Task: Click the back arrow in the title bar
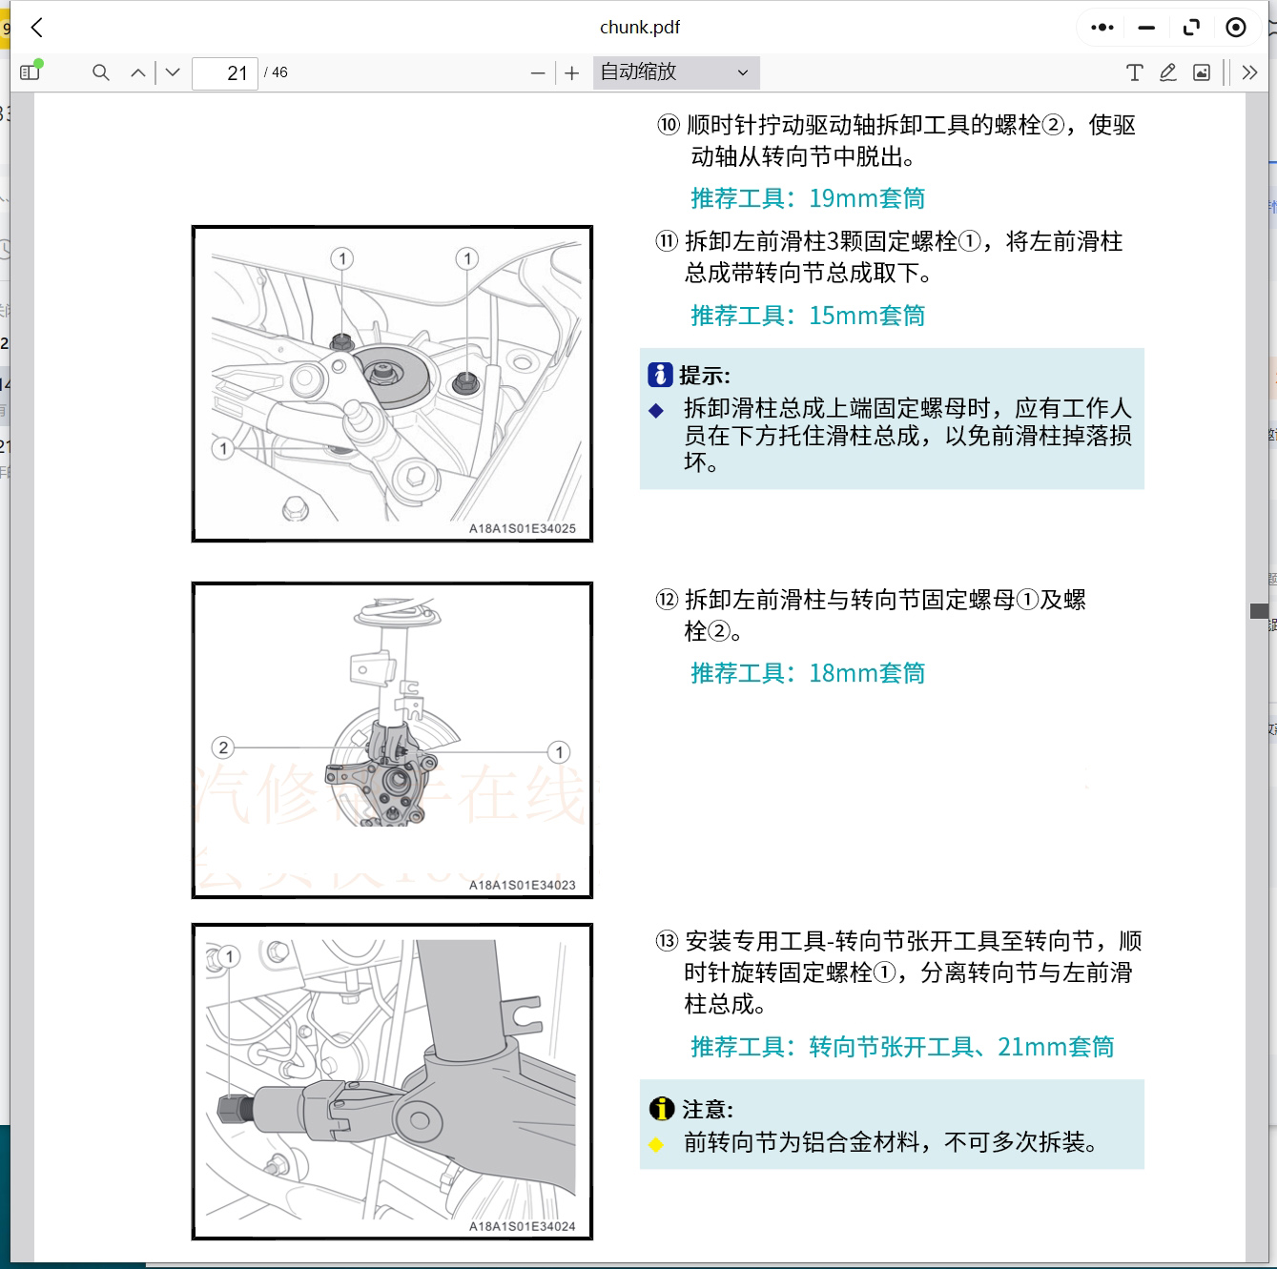[37, 28]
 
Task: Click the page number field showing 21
[225, 73]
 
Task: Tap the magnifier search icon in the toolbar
[100, 72]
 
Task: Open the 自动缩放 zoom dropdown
[675, 72]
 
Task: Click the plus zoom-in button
[571, 73]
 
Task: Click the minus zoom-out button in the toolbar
[538, 73]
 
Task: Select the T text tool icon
[1134, 72]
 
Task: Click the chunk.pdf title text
[639, 28]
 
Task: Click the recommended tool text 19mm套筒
[866, 198]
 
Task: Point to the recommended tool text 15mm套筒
[866, 316]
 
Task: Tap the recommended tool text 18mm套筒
[866, 673]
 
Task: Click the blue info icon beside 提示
[659, 375]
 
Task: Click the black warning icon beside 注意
[661, 1109]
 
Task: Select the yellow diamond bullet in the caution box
[656, 1144]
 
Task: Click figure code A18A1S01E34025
[522, 528]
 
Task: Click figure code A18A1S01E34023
[522, 885]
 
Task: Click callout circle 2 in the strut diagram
[223, 747]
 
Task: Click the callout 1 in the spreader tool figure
[229, 956]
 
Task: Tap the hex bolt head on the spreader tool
[231, 1109]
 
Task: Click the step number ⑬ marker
[666, 942]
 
